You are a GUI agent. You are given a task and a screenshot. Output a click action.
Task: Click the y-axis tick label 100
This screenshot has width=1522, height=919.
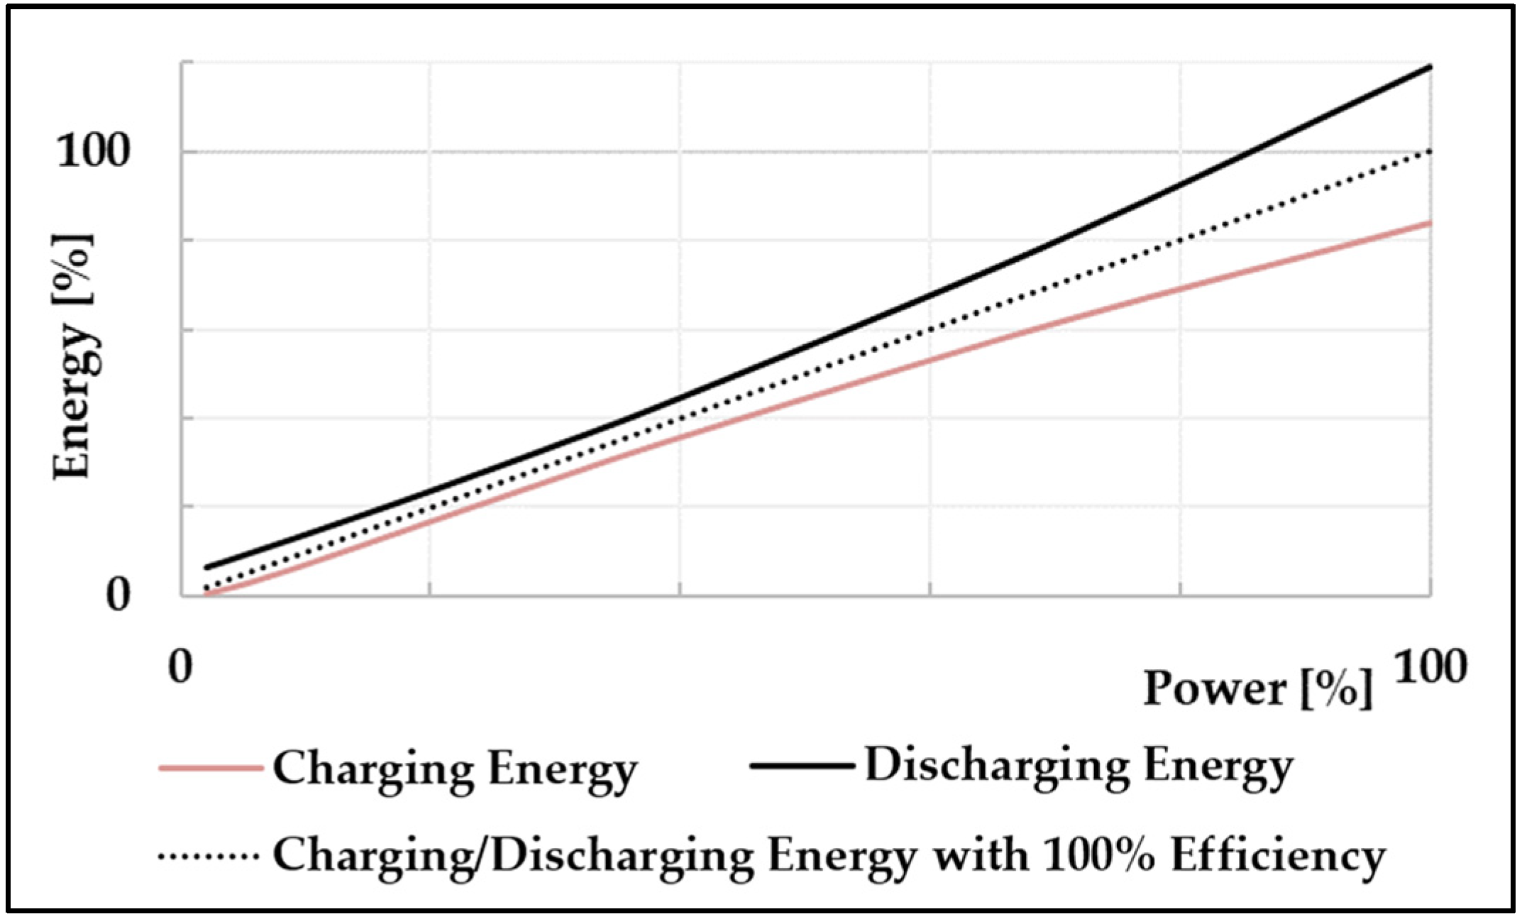93,151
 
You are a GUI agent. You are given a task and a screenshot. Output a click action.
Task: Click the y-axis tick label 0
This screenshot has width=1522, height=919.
118,595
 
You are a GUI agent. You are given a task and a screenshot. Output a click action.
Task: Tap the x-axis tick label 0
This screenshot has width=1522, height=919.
180,667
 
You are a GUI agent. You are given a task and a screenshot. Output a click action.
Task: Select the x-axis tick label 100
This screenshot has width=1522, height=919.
1430,667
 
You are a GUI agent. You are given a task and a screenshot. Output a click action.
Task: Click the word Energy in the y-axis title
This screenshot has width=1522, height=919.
75,401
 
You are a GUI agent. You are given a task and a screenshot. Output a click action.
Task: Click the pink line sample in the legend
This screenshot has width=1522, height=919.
210,768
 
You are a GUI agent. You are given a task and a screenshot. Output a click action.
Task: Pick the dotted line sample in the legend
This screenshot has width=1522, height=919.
209,856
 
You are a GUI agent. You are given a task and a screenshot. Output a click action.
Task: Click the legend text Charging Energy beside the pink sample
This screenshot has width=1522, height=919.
455,769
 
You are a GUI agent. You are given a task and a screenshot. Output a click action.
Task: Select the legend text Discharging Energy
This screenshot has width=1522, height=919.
1079,766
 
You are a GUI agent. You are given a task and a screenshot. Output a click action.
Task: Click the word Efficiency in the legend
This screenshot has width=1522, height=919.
1278,856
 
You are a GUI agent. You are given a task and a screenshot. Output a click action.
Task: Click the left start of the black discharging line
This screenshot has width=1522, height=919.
206,567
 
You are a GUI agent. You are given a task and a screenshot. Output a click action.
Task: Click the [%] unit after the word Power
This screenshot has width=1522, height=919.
1337,688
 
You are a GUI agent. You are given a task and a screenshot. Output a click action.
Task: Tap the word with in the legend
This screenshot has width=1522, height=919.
979,854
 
